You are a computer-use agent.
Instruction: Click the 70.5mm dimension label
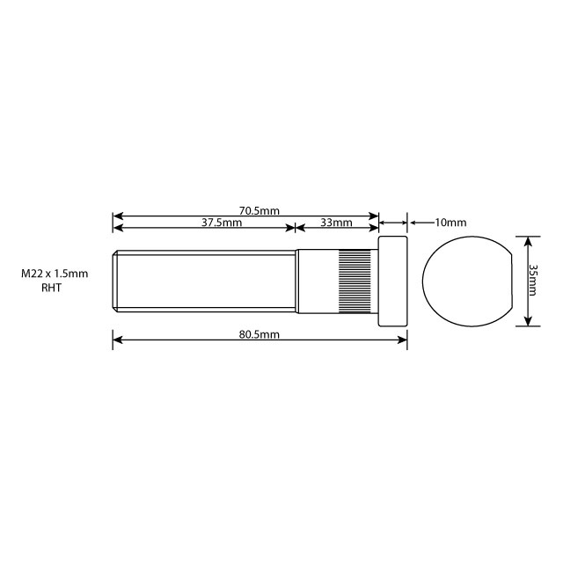(x=259, y=210)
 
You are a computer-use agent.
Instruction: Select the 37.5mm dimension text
(x=222, y=223)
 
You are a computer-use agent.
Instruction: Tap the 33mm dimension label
(x=336, y=223)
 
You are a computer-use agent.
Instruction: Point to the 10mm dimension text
(x=450, y=223)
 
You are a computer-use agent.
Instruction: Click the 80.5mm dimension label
(x=259, y=335)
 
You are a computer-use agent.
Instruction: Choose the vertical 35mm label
(x=533, y=280)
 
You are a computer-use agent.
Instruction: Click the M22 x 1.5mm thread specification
(x=55, y=274)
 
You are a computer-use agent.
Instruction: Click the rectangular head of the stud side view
(x=393, y=281)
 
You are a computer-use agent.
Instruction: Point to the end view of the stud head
(x=466, y=281)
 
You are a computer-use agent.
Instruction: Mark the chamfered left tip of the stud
(x=115, y=281)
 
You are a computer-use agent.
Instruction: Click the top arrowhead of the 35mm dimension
(x=527, y=240)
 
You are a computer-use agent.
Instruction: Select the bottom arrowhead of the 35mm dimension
(x=527, y=322)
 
